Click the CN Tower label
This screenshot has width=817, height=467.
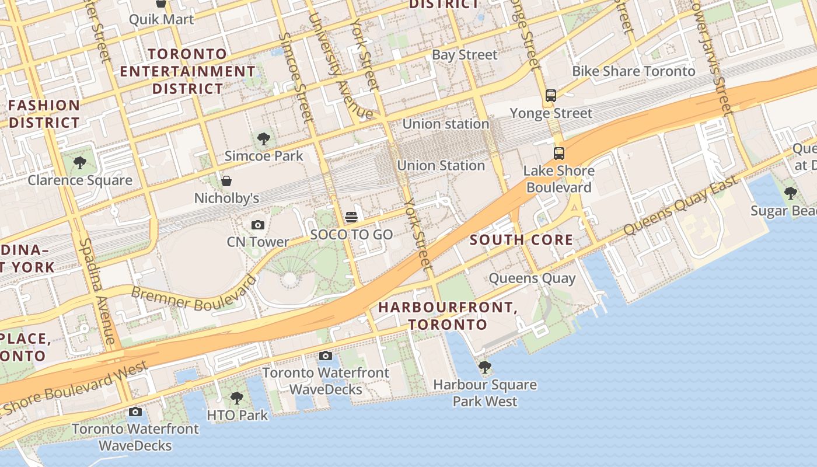click(x=258, y=242)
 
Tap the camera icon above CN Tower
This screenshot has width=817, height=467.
click(x=257, y=225)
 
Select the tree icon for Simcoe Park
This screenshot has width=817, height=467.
click(x=264, y=139)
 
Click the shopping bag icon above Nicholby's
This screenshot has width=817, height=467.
click(x=226, y=181)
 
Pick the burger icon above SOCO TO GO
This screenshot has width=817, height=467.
click(x=351, y=217)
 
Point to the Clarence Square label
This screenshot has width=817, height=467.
click(x=80, y=180)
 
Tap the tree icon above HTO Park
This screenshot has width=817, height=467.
click(x=236, y=398)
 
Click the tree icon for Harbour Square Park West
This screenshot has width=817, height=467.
click(x=484, y=367)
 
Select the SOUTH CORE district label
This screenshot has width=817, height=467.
click(x=521, y=239)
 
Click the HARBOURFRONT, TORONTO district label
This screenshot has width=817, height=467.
click(x=448, y=316)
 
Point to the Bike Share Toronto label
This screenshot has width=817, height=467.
click(x=633, y=71)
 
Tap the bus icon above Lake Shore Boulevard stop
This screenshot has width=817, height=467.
click(x=559, y=154)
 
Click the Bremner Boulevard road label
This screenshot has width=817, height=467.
click(x=194, y=294)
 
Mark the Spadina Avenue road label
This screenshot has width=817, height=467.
click(x=97, y=291)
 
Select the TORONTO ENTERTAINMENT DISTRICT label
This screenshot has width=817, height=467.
click(x=187, y=71)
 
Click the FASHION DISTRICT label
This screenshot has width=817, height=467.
click(x=44, y=114)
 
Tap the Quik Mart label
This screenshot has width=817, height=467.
click(x=161, y=19)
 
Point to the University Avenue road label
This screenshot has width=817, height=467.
click(x=340, y=65)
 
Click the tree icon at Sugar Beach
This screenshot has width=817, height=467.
click(x=791, y=193)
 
